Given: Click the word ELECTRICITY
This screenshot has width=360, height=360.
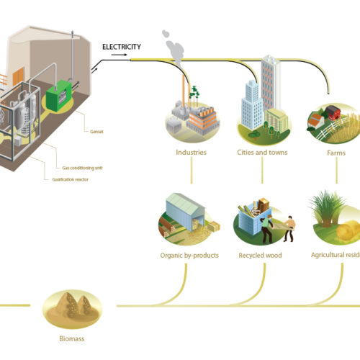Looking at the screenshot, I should pos(121,48).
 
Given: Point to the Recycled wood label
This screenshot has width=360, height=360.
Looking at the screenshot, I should pos(261,256).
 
